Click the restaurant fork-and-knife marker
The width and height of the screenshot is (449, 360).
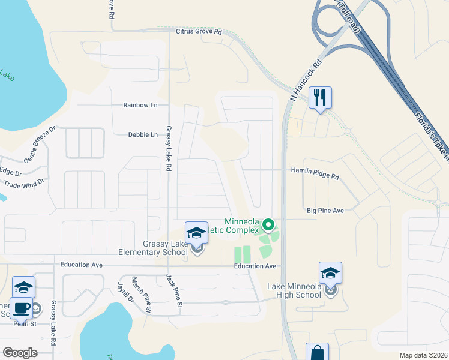(320, 97)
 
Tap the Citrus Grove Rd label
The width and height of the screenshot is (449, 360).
(199, 31)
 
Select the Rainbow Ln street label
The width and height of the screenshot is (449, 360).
(140, 105)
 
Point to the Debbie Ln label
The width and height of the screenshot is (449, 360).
(143, 135)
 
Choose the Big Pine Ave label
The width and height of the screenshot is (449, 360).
(325, 211)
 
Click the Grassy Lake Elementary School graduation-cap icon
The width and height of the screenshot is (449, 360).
(196, 233)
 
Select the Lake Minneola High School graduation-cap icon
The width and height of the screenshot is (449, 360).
(330, 274)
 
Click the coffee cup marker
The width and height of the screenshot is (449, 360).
(22, 308)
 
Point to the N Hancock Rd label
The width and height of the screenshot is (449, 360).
(306, 79)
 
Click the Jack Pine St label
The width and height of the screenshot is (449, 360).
(174, 290)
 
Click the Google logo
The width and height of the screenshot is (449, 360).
(20, 353)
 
